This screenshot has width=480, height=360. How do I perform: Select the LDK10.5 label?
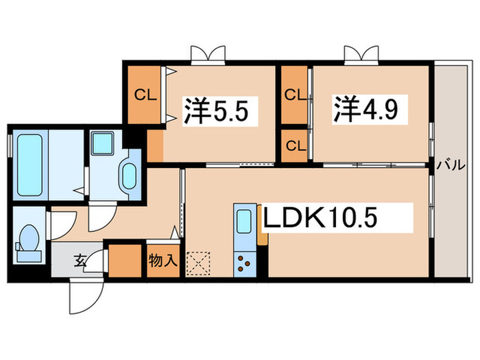pyautogui.click(x=322, y=220)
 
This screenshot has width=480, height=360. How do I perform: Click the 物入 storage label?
pyautogui.click(x=163, y=261)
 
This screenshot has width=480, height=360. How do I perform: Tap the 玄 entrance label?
pyautogui.click(x=80, y=260)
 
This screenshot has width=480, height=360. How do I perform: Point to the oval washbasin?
pyautogui.click(x=128, y=178)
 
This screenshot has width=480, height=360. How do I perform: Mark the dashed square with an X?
pyautogui.click(x=198, y=262)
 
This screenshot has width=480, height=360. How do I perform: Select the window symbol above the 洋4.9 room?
pyautogui.click(x=362, y=53)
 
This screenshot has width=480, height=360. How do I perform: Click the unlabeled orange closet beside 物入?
pyautogui.click(x=124, y=260)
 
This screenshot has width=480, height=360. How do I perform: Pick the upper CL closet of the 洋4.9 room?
pyautogui.click(x=294, y=93)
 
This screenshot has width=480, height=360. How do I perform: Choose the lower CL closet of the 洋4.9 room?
pyautogui.click(x=294, y=145)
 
